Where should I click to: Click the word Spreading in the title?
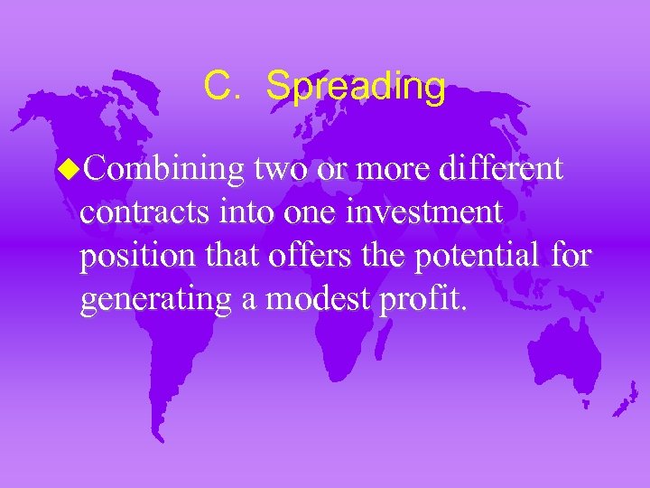point(356,89)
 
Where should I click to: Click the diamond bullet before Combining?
point(72,168)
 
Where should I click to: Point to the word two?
point(280,169)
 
